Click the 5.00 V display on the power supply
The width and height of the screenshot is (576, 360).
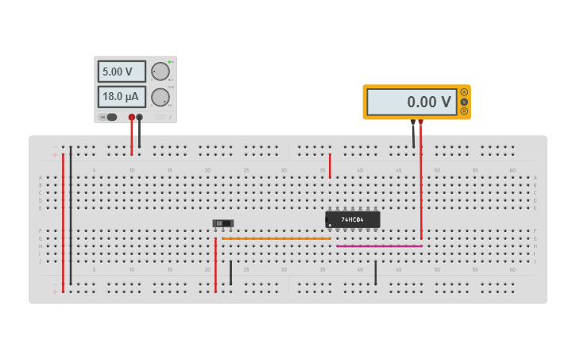click(122, 72)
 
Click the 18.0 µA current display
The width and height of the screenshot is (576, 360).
click(122, 97)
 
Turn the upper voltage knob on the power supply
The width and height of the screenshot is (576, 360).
click(160, 72)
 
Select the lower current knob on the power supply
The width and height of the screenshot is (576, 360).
click(160, 97)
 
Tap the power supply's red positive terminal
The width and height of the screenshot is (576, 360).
click(132, 117)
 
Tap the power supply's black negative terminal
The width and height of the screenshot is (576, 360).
click(140, 117)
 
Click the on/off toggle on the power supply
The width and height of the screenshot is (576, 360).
click(108, 117)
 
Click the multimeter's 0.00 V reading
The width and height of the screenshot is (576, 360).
click(412, 102)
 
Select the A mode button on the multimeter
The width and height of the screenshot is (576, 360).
click(464, 92)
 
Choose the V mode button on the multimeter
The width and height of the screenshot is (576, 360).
click(464, 102)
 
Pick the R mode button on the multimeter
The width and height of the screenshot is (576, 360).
click(464, 111)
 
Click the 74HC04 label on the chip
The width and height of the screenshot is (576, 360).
click(352, 219)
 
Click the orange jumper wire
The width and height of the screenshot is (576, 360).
click(276, 238)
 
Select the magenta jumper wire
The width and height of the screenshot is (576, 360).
click(379, 246)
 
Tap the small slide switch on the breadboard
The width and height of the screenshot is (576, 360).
click(223, 224)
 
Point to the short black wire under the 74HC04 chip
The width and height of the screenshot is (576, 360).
click(376, 273)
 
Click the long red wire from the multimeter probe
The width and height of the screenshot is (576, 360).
click(421, 183)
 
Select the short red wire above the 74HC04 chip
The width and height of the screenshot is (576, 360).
click(330, 165)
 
